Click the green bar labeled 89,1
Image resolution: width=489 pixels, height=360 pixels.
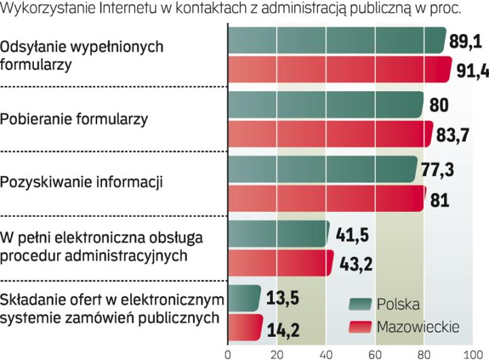336,41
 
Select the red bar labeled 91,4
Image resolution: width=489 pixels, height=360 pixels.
340,70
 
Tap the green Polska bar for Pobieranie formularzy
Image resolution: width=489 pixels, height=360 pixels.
326,105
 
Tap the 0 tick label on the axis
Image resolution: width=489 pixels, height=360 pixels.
229,354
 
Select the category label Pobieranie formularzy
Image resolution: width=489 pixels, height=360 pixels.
75,120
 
